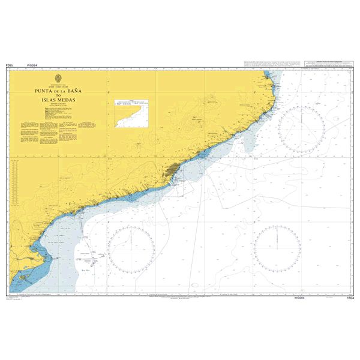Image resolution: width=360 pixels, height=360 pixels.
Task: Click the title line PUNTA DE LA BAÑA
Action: [x=59, y=90]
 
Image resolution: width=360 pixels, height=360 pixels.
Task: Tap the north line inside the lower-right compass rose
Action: [x=277, y=237]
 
